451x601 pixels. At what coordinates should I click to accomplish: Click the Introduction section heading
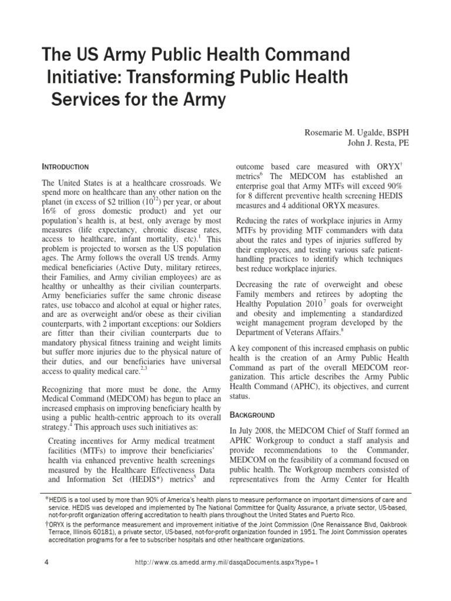pyautogui.click(x=66, y=167)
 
